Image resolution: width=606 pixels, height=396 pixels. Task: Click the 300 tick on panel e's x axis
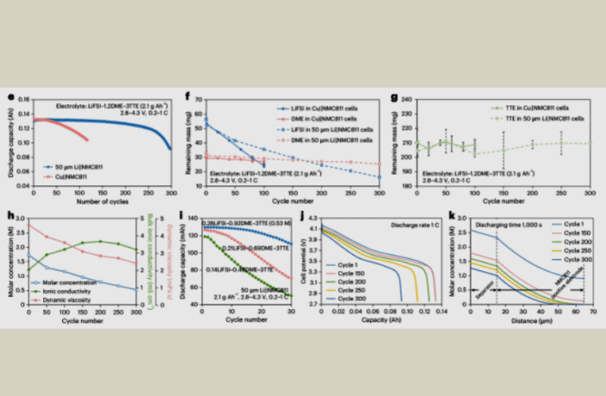170,194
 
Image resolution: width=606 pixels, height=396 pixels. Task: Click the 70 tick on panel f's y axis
199,101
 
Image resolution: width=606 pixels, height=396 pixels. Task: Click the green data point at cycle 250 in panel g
561,143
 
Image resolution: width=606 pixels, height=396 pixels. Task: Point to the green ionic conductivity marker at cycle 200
100,242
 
